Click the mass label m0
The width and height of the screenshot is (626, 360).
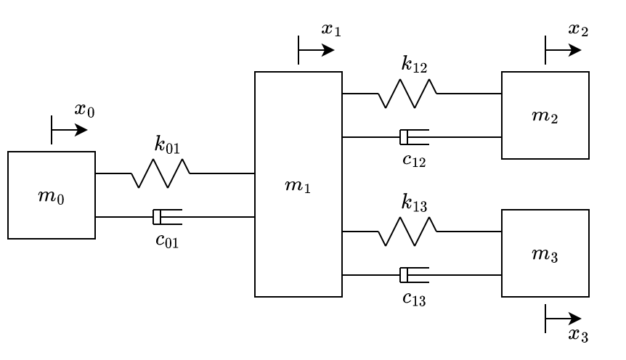click(51, 196)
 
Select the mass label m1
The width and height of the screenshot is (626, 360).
click(298, 186)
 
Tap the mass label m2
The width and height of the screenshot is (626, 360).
click(545, 116)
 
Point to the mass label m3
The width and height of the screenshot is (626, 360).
click(545, 254)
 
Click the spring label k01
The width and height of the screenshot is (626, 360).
click(167, 144)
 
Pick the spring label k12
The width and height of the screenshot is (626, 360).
click(414, 65)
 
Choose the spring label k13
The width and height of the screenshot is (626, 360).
click(414, 202)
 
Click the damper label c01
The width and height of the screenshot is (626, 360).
click(167, 240)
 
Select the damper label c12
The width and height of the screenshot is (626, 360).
click(414, 160)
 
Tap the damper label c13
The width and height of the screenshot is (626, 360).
click(414, 298)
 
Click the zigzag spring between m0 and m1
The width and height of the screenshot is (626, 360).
click(160, 173)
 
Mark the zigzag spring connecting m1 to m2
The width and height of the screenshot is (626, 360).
click(407, 94)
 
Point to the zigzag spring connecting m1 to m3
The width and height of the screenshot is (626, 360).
click(407, 232)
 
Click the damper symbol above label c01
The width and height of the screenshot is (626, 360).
click(167, 217)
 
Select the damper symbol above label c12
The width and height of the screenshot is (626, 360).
click(414, 137)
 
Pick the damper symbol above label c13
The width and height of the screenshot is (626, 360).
click(414, 275)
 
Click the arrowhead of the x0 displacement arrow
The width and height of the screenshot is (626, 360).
click(81, 130)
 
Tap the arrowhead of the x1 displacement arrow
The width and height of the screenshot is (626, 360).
click(328, 50)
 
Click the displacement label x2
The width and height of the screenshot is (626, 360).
click(577, 30)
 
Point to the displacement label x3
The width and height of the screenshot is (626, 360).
click(577, 335)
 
